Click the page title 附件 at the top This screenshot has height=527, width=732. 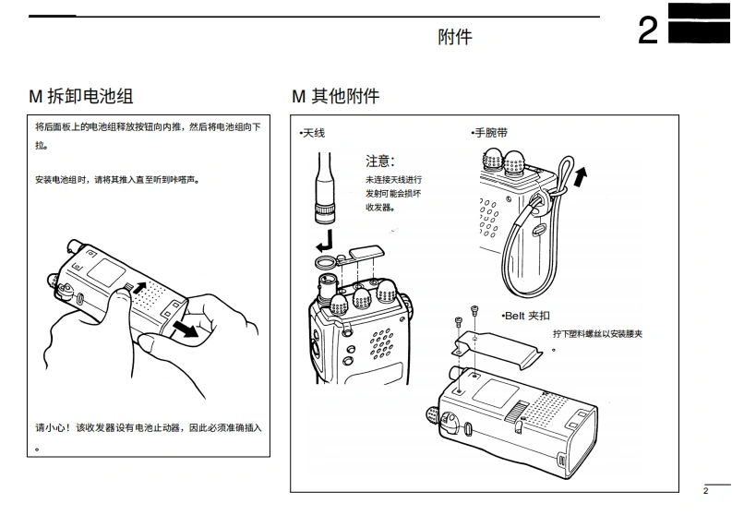tap(454, 37)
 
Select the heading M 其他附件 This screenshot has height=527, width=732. tap(335, 96)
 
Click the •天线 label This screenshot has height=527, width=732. tap(312, 134)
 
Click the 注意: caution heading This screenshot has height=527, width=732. tap(380, 161)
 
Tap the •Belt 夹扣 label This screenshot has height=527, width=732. tap(525, 316)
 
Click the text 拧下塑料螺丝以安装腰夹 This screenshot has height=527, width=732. tap(596, 333)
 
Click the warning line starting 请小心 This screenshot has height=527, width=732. tap(148, 427)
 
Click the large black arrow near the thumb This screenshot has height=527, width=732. tap(190, 330)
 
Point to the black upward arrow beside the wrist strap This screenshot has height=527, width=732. tap(579, 175)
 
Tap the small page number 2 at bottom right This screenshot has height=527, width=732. tap(705, 491)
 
